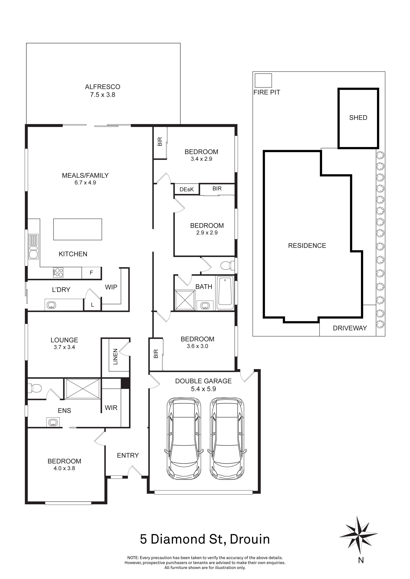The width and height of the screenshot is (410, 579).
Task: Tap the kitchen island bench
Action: [x=78, y=229]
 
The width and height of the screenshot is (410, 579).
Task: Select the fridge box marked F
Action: [x=91, y=273]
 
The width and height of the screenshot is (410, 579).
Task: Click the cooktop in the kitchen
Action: [x=58, y=273]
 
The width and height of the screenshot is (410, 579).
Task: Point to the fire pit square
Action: [x=263, y=80]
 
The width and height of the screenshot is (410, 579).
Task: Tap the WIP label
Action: [x=111, y=287]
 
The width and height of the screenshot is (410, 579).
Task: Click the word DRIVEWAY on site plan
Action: [x=350, y=328]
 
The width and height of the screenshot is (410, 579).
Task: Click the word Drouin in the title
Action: [x=250, y=539]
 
